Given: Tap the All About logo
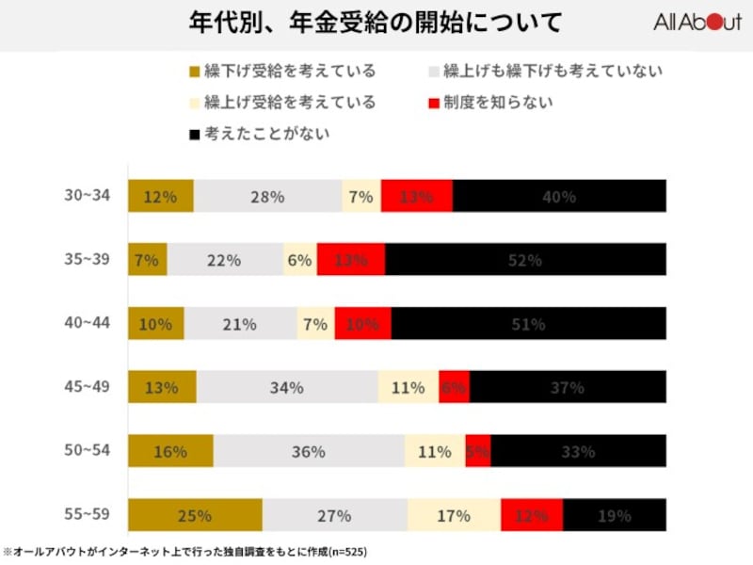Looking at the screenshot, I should tap(697, 23).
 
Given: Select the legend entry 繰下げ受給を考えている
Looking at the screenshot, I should tap(282, 71).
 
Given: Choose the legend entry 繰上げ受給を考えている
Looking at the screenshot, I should tap(282, 102).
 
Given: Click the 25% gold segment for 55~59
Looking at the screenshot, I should tap(195, 515).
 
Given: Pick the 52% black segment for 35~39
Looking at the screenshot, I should tap(525, 260).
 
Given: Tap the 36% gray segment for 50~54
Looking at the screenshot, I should tap(309, 451).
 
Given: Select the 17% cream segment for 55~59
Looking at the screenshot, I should tap(454, 515).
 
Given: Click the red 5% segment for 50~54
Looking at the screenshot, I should tap(477, 451).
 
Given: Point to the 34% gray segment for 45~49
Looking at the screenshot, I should tap(287, 387).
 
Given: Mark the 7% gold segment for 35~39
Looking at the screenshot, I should tap(147, 260).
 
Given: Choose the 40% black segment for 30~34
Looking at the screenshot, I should tap(559, 196).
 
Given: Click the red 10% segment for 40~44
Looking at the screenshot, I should tap(362, 323).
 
